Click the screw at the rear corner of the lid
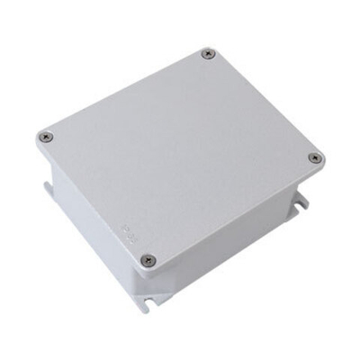tap(209, 54)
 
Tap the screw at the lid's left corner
tap(47, 137)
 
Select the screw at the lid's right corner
tap(314, 158)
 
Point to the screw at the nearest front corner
tap(149, 261)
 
